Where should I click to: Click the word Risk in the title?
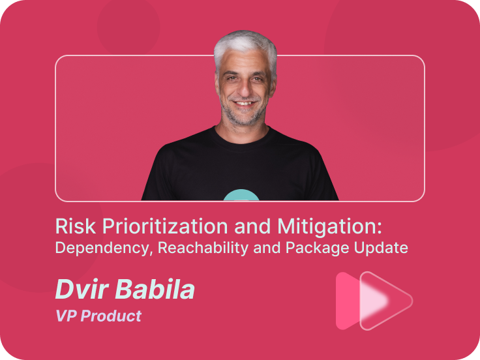click(x=75, y=226)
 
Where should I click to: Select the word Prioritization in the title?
click(x=165, y=226)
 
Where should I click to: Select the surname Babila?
click(x=155, y=289)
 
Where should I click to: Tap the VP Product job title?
click(x=98, y=316)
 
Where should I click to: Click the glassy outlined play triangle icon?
click(x=386, y=301)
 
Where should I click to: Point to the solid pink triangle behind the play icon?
click(x=348, y=301)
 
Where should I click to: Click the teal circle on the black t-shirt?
click(x=241, y=195)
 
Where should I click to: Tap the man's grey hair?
click(x=245, y=46)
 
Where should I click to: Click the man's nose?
click(x=245, y=88)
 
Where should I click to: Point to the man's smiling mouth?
click(x=245, y=103)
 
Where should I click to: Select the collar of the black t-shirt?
click(x=242, y=137)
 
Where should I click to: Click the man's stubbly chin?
click(x=244, y=117)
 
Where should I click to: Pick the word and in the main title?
click(x=252, y=226)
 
